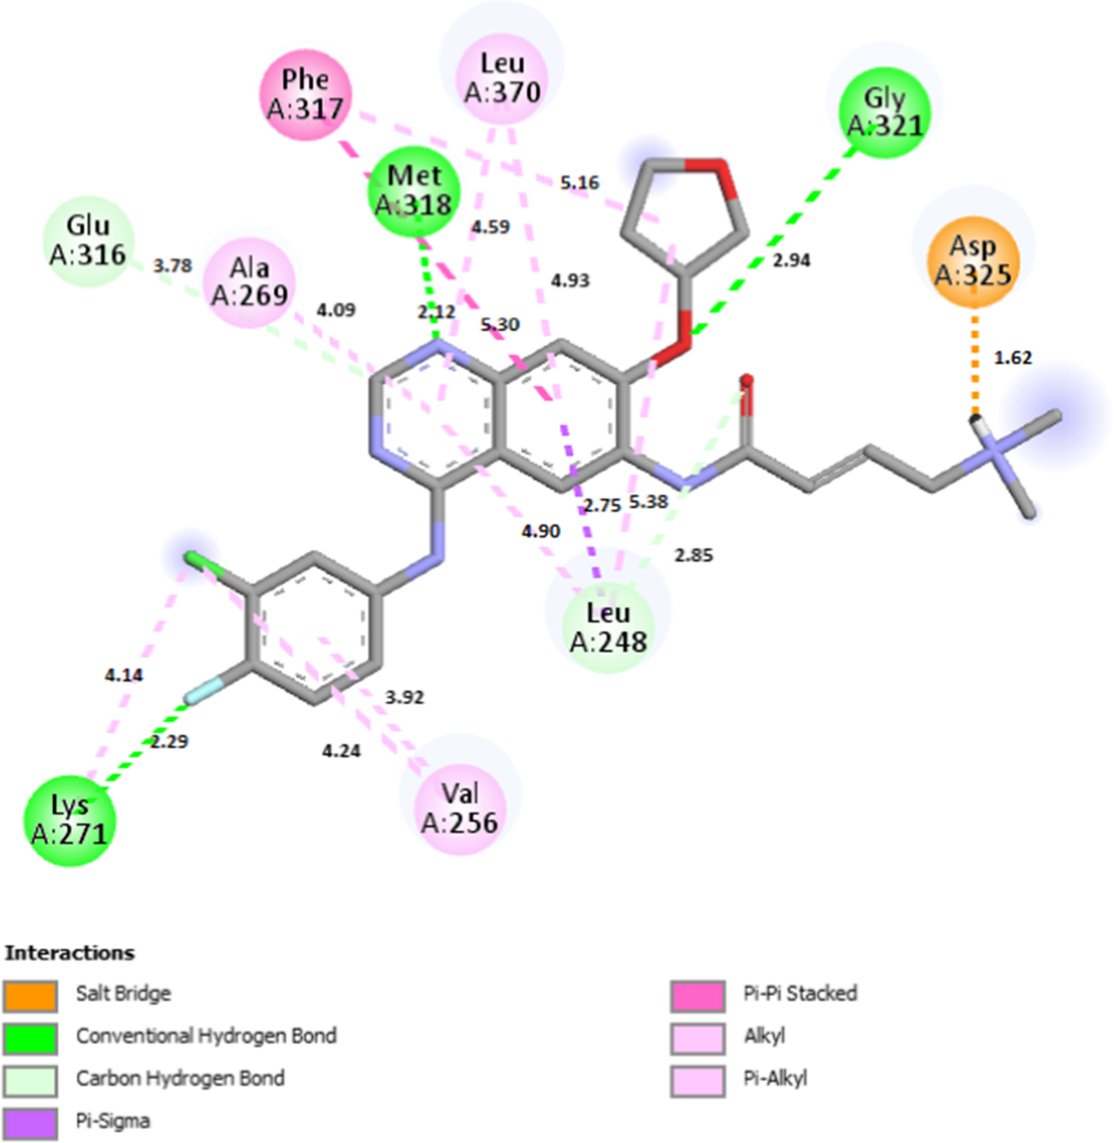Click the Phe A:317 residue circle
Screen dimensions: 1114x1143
tap(304, 95)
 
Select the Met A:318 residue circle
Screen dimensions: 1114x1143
tap(414, 190)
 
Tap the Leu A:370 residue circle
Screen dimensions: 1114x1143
tap(502, 77)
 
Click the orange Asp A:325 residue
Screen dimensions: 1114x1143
tap(973, 261)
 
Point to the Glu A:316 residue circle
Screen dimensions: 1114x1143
tap(88, 240)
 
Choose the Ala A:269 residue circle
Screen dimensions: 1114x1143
tap(249, 280)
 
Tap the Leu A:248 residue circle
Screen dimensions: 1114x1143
tap(608, 626)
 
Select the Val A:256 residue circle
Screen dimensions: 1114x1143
tap(460, 807)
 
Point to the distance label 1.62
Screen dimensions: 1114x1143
tap(1013, 357)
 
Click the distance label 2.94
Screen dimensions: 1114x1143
tap(791, 261)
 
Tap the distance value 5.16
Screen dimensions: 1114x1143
tap(579, 183)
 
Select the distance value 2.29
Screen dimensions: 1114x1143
tap(168, 742)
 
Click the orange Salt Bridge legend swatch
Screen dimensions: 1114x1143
tap(30, 994)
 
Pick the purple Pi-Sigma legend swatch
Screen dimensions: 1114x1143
tap(30, 1122)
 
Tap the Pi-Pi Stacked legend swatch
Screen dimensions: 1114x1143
tap(697, 994)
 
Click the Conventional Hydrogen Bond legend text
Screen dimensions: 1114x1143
tap(206, 1035)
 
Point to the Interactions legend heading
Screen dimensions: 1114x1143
tap(70, 953)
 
